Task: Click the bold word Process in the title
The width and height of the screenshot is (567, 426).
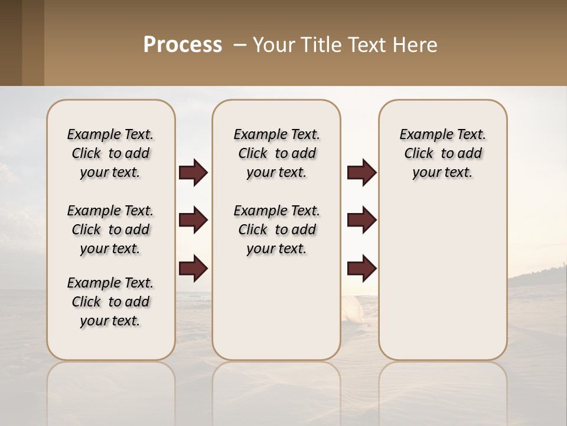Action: pyautogui.click(x=183, y=45)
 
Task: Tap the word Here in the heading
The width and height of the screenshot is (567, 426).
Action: pyautogui.click(x=416, y=45)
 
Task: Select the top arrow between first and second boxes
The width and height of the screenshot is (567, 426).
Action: pyautogui.click(x=193, y=172)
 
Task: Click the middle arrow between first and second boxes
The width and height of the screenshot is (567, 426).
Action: pyautogui.click(x=193, y=220)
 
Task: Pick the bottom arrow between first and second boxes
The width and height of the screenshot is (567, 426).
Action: pyautogui.click(x=193, y=269)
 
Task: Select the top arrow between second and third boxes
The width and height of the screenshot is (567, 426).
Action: pyautogui.click(x=361, y=172)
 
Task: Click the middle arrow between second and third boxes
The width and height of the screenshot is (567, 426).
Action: pyautogui.click(x=361, y=220)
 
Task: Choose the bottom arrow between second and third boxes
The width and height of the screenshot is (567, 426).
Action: pyautogui.click(x=361, y=269)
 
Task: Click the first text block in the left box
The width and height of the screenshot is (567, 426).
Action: pyautogui.click(x=110, y=153)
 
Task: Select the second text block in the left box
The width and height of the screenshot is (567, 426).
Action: pyautogui.click(x=110, y=230)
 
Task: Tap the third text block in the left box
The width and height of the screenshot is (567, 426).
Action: pyautogui.click(x=110, y=302)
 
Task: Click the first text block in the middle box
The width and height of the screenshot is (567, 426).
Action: pyautogui.click(x=276, y=153)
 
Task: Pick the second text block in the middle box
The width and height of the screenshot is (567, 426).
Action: pyautogui.click(x=276, y=230)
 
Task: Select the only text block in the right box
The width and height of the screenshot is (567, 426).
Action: pyautogui.click(x=442, y=153)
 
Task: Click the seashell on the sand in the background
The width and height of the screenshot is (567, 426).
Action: pyautogui.click(x=351, y=308)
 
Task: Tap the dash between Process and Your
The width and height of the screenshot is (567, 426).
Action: pyautogui.click(x=240, y=45)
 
